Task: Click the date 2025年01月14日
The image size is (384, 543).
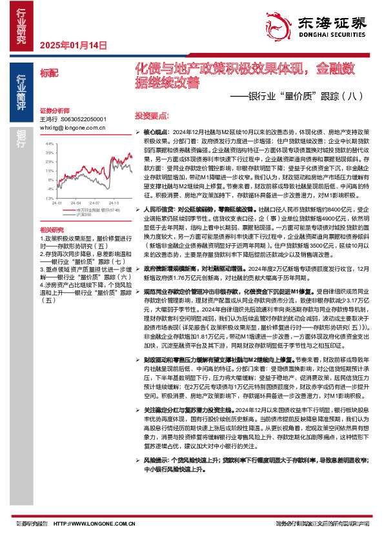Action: (73, 45)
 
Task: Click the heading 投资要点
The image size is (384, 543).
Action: (152, 115)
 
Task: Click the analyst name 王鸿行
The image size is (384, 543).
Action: (49, 119)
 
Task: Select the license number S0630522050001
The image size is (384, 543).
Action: (85, 119)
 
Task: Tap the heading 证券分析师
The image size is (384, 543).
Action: (54, 110)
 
